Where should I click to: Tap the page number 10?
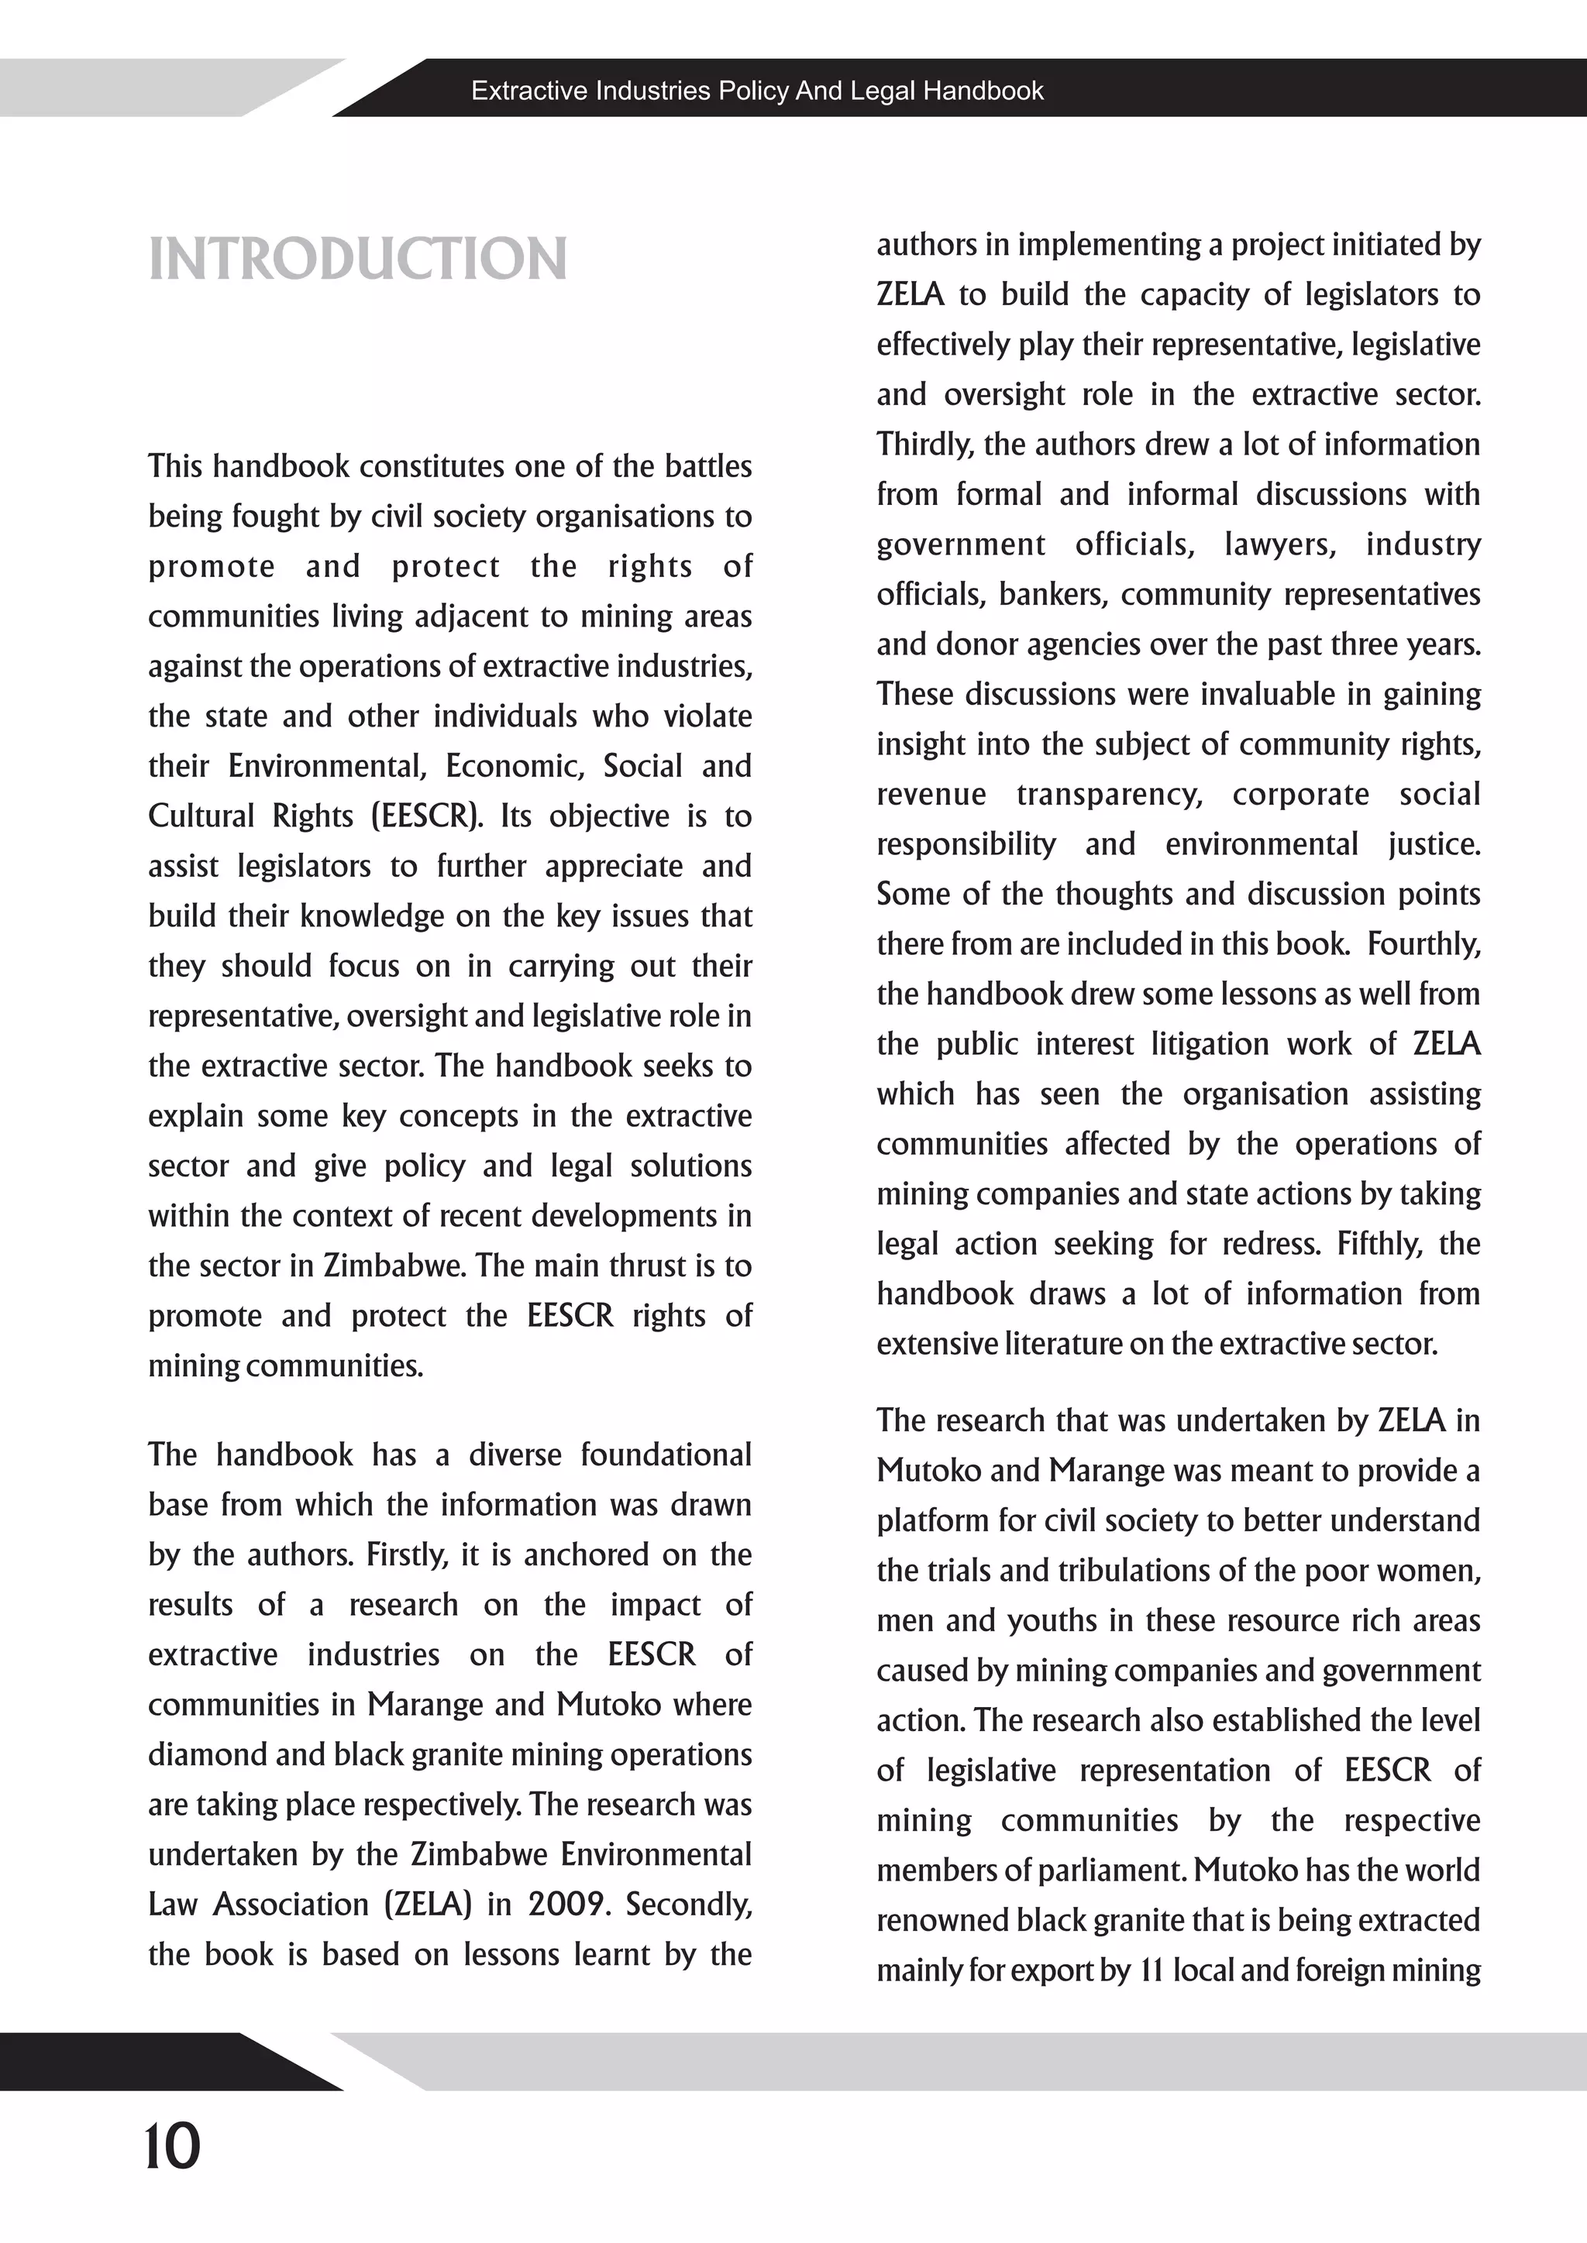172,2147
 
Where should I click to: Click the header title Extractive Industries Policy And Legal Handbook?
757,91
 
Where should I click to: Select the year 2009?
570,1904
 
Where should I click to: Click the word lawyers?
1280,544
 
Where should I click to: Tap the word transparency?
1109,794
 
